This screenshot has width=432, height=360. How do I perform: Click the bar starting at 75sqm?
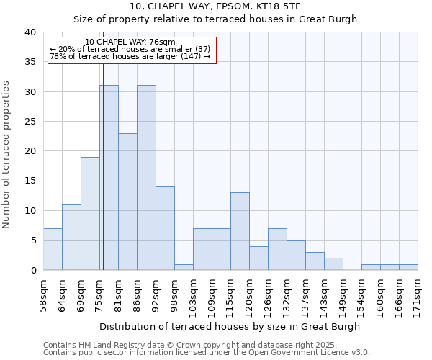click(109, 178)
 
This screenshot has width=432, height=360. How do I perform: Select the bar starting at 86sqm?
click(146, 178)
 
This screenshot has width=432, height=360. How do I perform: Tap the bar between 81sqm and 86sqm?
click(127, 202)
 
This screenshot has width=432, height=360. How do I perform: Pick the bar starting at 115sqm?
click(240, 231)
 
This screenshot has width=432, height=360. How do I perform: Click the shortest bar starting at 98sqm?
click(184, 267)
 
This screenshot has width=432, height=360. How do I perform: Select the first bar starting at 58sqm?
click(53, 249)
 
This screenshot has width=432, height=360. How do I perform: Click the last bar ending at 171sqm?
click(408, 267)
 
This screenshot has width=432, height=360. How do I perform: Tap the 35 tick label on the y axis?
click(30, 62)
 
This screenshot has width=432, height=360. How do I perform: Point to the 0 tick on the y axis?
click(33, 270)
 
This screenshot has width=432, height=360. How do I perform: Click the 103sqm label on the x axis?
click(193, 295)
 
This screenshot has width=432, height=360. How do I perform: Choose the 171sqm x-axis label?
click(418, 295)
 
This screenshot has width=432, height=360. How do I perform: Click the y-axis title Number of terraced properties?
click(7, 154)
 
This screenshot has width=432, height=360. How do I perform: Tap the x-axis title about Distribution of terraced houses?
click(230, 326)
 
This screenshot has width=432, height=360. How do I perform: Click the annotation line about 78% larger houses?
click(130, 56)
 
